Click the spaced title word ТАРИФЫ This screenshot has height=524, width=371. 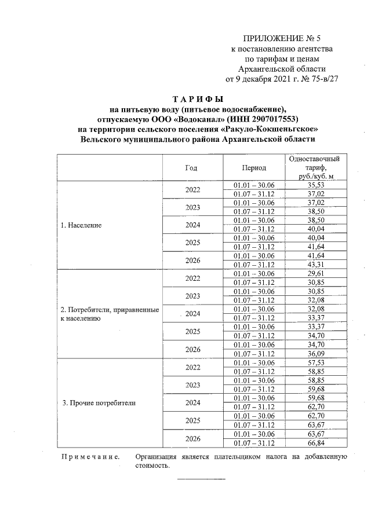(199, 98)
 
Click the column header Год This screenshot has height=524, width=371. (191, 168)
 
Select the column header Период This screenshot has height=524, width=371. (254, 168)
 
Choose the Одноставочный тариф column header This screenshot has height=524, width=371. (314, 168)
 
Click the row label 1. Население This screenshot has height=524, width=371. (82, 225)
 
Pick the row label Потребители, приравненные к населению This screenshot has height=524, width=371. (110, 314)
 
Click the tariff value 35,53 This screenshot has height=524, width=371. (314, 185)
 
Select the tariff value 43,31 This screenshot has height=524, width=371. (314, 265)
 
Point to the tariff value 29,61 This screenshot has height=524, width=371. (314, 273)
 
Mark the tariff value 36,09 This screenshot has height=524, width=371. (314, 354)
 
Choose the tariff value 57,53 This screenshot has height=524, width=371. (314, 362)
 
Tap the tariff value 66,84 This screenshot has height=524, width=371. (314, 443)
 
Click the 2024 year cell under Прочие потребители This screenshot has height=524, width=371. (192, 402)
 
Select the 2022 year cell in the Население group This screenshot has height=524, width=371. (192, 189)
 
